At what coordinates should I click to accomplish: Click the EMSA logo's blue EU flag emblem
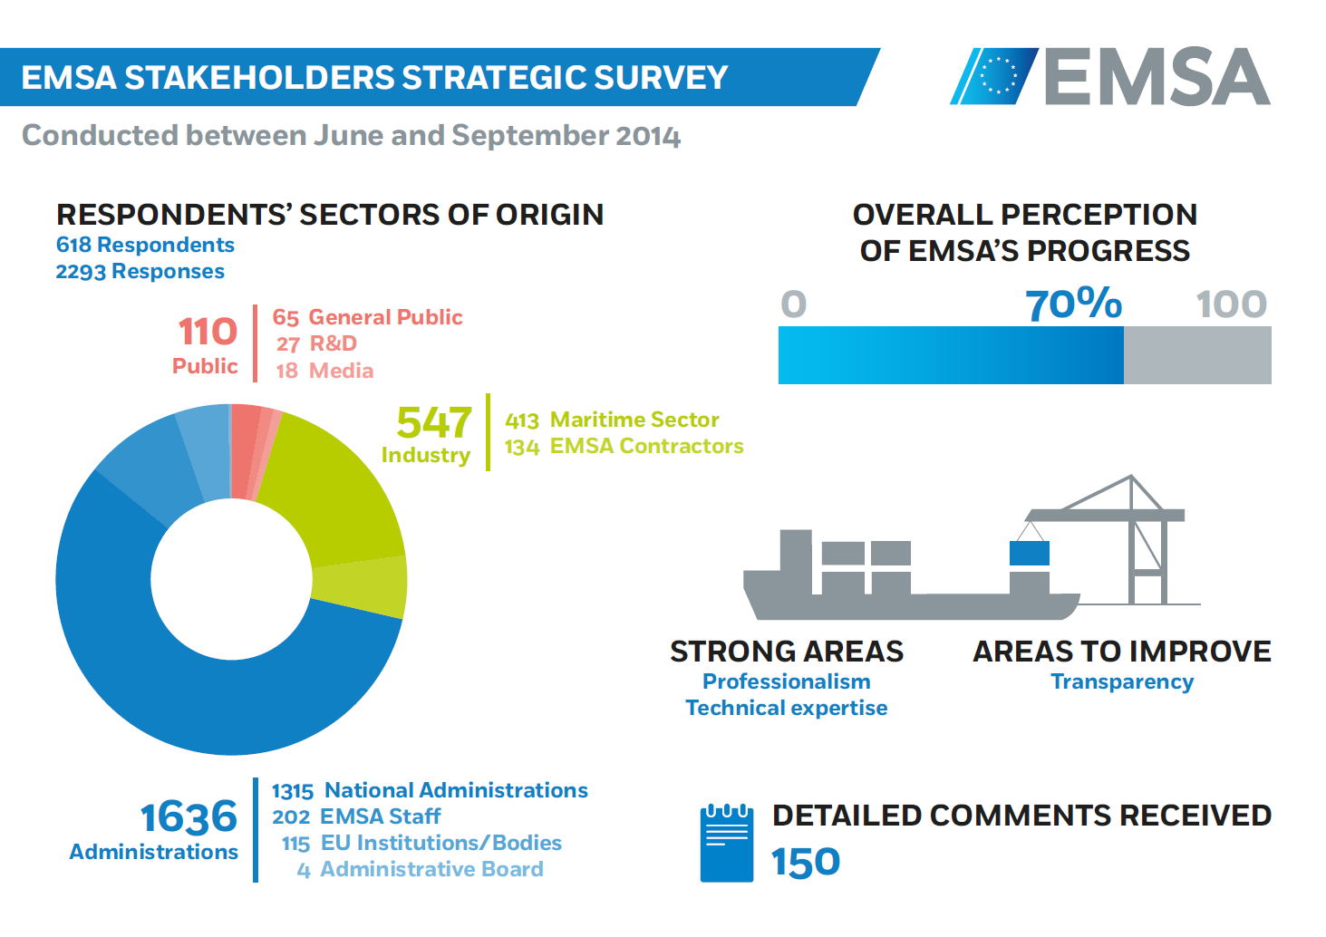pyautogui.click(x=995, y=76)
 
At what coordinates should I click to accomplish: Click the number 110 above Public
pyautogui.click(x=208, y=332)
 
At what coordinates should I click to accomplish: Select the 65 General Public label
pyautogui.click(x=367, y=317)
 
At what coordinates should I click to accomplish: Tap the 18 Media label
pyautogui.click(x=324, y=371)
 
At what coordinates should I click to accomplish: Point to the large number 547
pyautogui.click(x=434, y=422)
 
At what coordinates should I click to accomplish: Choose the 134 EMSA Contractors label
pyautogui.click(x=624, y=446)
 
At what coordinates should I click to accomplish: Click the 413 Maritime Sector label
pyautogui.click(x=612, y=420)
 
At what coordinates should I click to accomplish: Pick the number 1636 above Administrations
pyautogui.click(x=189, y=817)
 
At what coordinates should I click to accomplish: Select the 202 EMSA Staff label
pyautogui.click(x=356, y=816)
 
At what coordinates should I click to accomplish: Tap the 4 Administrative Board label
pyautogui.click(x=421, y=869)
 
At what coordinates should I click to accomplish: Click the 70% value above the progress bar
pyautogui.click(x=1073, y=304)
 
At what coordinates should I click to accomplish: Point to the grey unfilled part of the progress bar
pyautogui.click(x=1196, y=355)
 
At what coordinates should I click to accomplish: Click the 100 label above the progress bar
pyautogui.click(x=1231, y=304)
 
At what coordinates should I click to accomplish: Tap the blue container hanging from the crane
pyautogui.click(x=1030, y=553)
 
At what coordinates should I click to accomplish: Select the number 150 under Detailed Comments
pyautogui.click(x=806, y=862)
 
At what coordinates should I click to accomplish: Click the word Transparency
pyautogui.click(x=1122, y=681)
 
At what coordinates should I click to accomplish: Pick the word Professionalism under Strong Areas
pyautogui.click(x=786, y=681)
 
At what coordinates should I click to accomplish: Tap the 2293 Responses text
pyautogui.click(x=140, y=271)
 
